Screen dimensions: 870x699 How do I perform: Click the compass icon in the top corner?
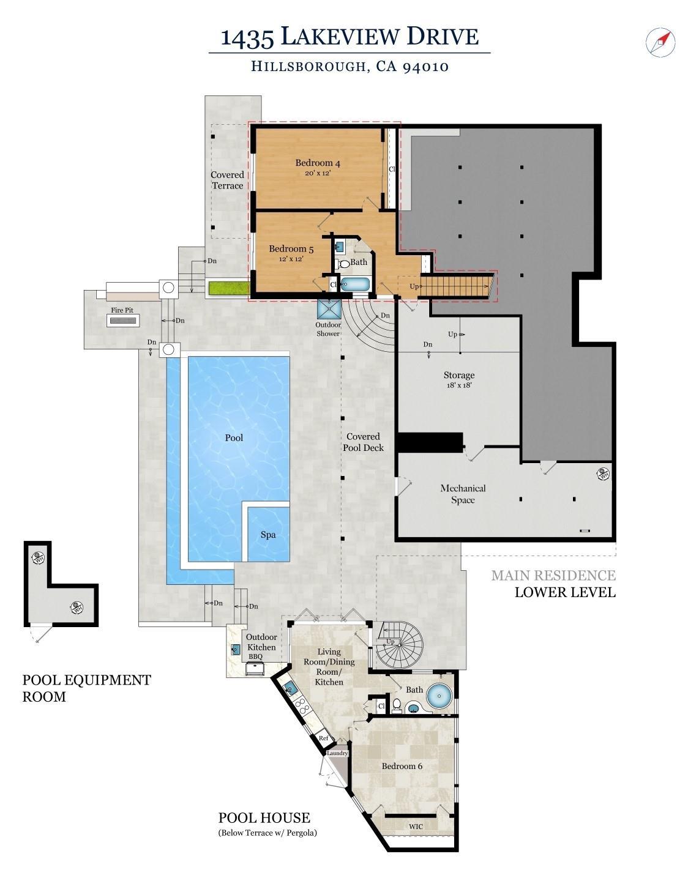(x=660, y=42)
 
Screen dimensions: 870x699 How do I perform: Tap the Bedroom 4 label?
(x=318, y=163)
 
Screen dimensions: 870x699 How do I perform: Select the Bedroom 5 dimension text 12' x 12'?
(x=291, y=259)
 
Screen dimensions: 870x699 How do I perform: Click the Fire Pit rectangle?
(x=122, y=321)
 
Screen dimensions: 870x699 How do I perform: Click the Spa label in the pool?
(x=268, y=535)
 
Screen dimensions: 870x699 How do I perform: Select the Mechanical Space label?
(x=463, y=494)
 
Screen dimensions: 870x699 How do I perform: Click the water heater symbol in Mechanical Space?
(x=603, y=474)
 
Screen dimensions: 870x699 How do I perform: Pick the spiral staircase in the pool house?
(x=399, y=646)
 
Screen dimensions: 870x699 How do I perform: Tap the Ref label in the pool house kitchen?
(x=324, y=738)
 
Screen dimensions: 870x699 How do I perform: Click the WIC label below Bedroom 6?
(x=416, y=827)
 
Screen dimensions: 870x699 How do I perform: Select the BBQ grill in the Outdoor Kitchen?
(x=255, y=668)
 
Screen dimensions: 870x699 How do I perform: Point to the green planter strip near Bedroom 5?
(x=228, y=288)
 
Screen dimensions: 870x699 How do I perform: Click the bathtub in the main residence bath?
(x=354, y=284)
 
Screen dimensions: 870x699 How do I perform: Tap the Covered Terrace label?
(x=227, y=180)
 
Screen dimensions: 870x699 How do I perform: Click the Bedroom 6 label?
(x=402, y=767)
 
